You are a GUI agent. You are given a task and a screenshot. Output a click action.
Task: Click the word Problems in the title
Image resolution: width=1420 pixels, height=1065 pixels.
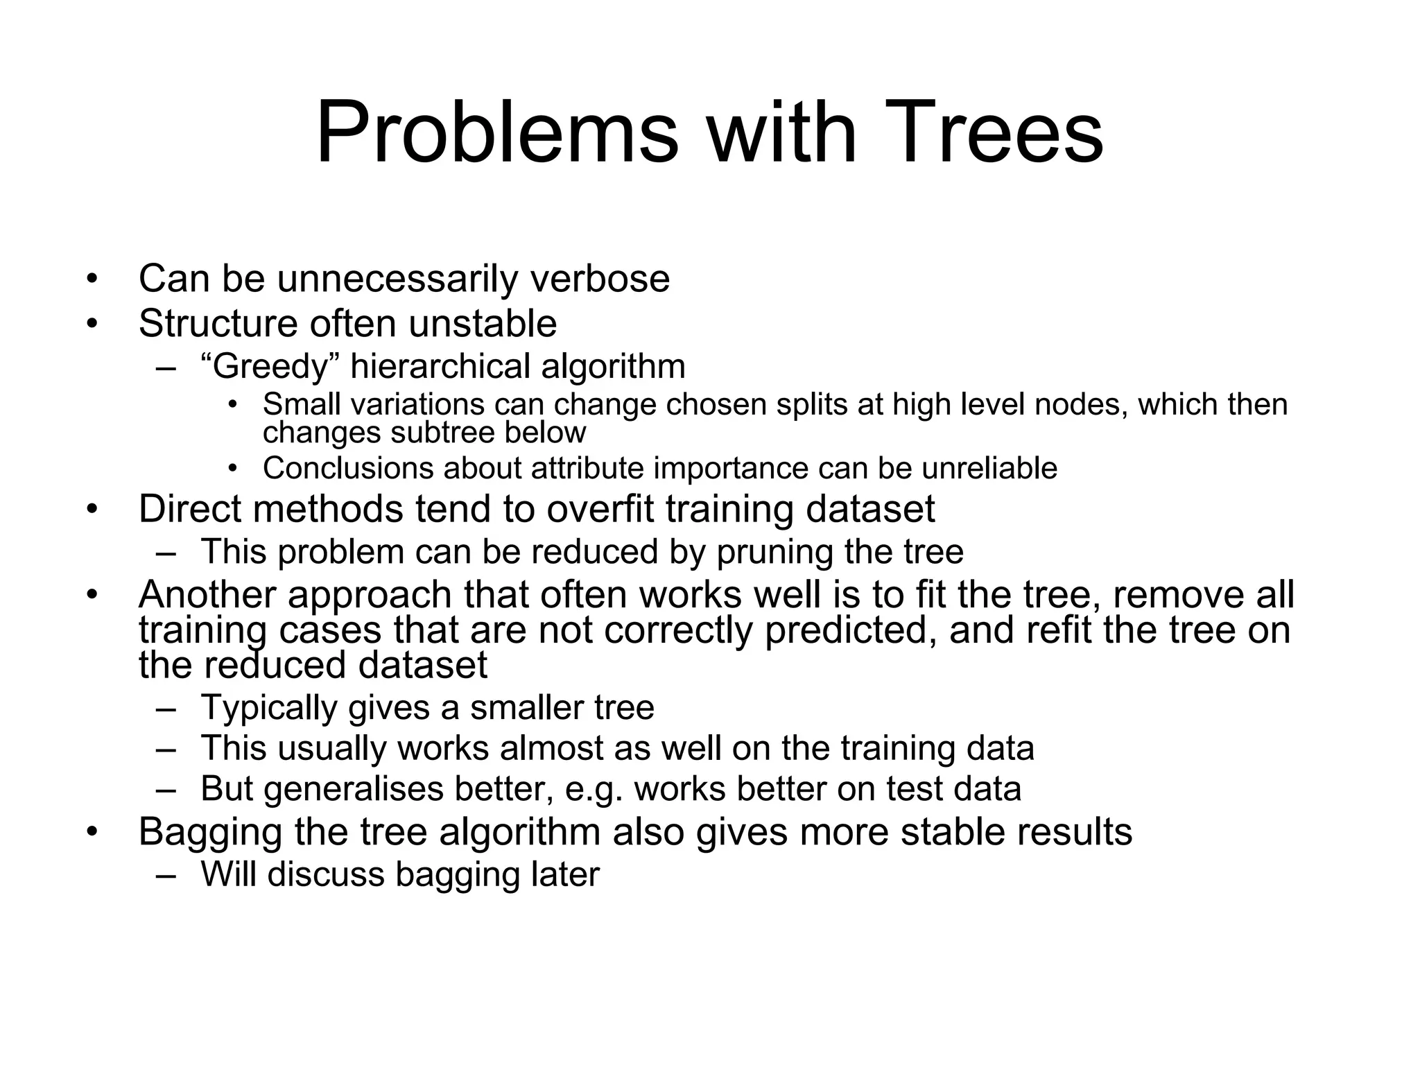pyautogui.click(x=496, y=133)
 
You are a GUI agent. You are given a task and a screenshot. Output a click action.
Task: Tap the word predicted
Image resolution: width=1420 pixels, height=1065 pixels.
pyautogui.click(x=846, y=630)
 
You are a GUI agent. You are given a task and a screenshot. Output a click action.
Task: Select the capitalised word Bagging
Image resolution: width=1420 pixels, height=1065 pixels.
pyautogui.click(x=210, y=833)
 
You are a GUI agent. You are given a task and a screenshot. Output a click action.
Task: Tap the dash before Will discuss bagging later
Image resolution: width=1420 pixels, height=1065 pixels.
pyautogui.click(x=166, y=875)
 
